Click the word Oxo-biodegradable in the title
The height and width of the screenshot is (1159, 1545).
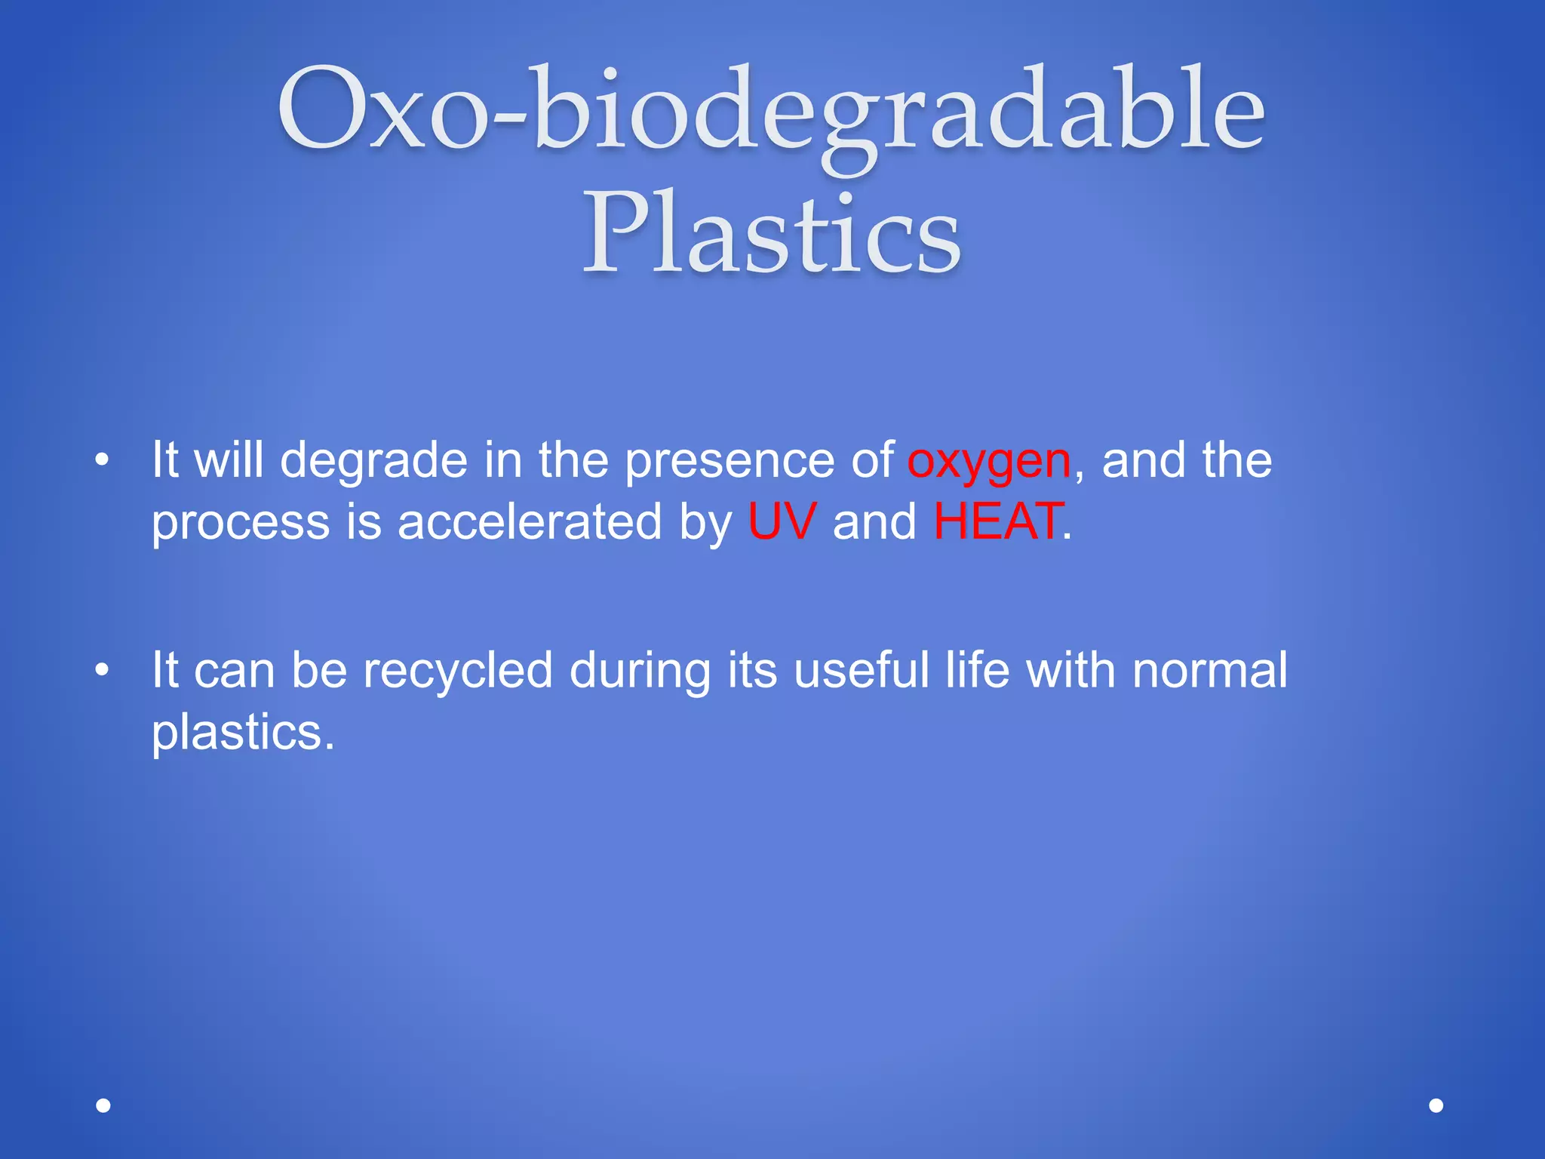click(x=771, y=109)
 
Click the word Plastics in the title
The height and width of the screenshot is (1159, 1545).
click(x=771, y=234)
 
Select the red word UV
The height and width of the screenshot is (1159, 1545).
click(x=782, y=521)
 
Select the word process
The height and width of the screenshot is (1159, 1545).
click(x=241, y=523)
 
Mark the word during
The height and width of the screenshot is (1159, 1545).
click(x=640, y=671)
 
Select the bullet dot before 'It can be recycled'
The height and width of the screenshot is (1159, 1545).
click(x=103, y=669)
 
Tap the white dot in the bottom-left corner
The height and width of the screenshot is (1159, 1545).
click(x=103, y=1105)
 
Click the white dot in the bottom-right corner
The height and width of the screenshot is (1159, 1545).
click(x=1436, y=1105)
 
